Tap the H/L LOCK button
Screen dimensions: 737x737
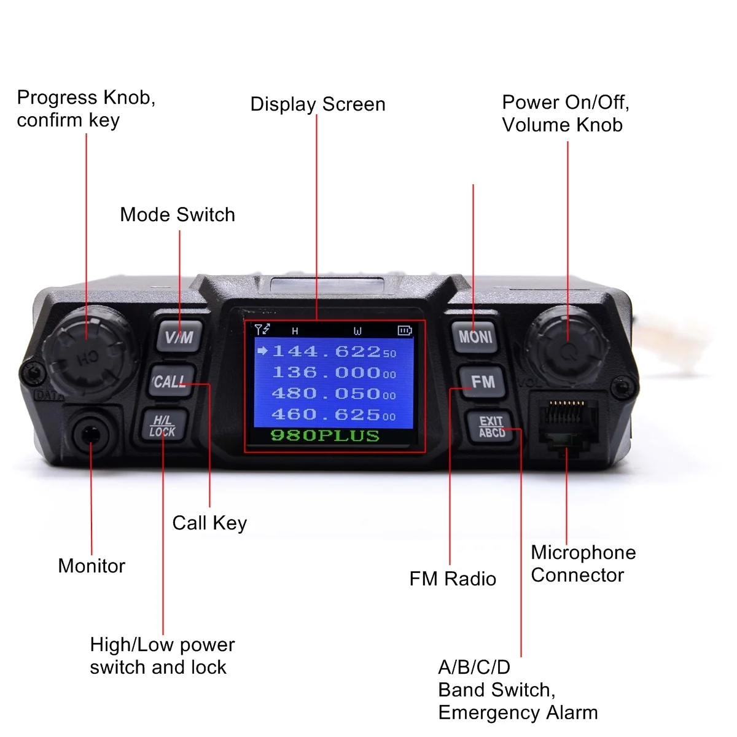tap(163, 426)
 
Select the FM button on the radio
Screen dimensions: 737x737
tap(483, 382)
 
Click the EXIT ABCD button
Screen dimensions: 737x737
tap(491, 427)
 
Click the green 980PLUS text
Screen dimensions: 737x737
tap(325, 435)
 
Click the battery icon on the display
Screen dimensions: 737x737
tap(404, 330)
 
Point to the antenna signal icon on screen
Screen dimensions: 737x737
tap(262, 329)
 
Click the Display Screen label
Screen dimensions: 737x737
tap(318, 104)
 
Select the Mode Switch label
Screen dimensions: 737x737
tap(177, 215)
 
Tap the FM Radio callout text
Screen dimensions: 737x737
tap(453, 579)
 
